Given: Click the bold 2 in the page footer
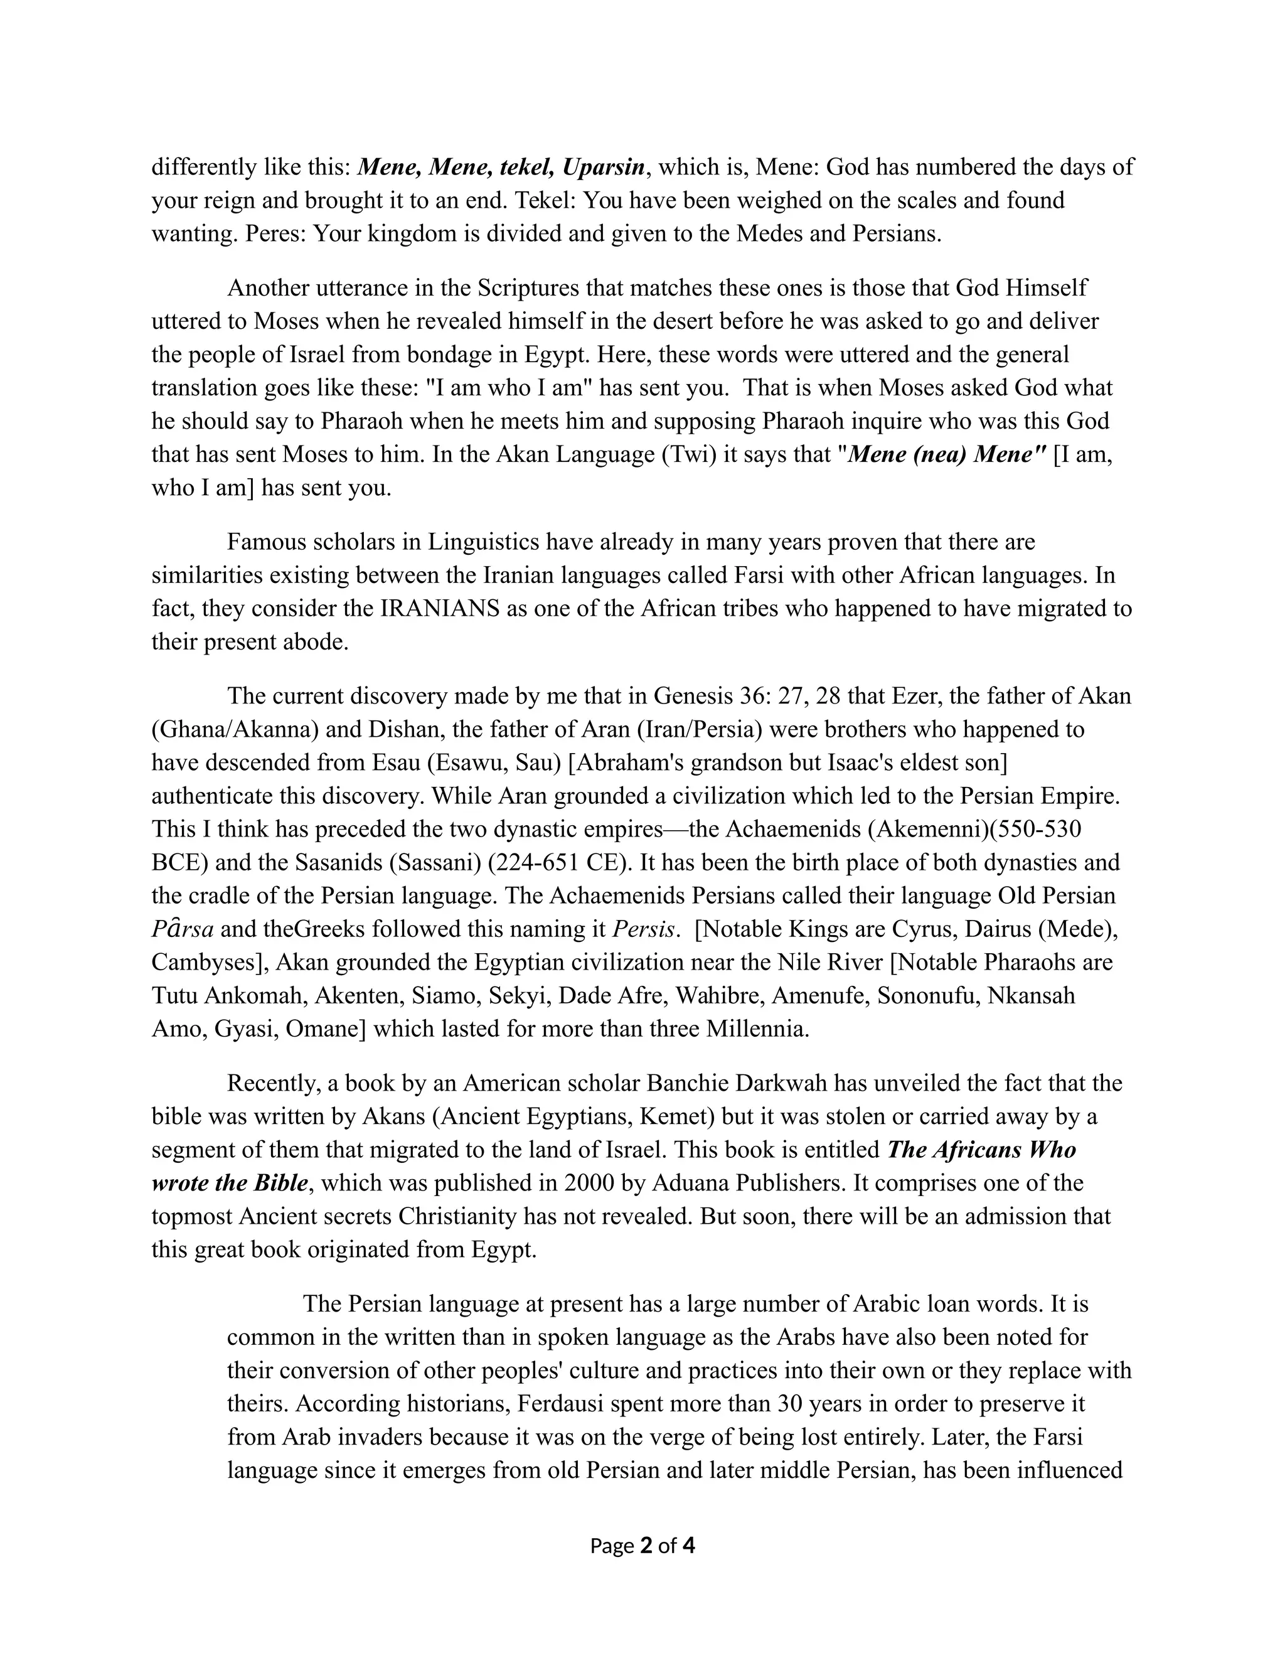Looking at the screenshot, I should tap(647, 1546).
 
